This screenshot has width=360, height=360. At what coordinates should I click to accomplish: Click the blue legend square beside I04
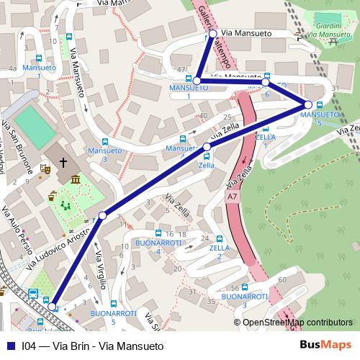pos(9,345)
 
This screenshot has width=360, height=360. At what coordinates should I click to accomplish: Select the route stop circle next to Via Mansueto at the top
pos(212,34)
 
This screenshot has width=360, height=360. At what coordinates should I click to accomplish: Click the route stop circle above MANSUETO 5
pos(308,106)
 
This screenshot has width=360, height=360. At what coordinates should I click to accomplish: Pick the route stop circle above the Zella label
pos(207,147)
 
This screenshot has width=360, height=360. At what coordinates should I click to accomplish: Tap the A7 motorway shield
pos(232,195)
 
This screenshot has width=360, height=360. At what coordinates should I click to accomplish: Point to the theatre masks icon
pos(45,170)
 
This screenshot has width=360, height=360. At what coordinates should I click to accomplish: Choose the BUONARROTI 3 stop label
pos(245,301)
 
